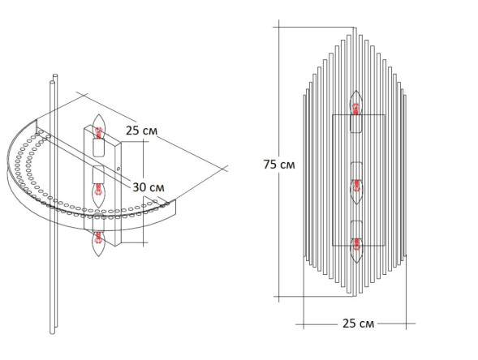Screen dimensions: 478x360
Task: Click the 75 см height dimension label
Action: (x=279, y=165)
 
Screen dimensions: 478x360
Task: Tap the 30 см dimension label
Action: (x=149, y=187)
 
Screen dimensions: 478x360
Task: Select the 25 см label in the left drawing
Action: (x=142, y=131)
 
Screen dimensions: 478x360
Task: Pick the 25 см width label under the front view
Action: (x=358, y=324)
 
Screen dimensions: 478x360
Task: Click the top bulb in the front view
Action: (x=356, y=103)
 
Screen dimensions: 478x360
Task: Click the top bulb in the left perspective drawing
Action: (x=99, y=126)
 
